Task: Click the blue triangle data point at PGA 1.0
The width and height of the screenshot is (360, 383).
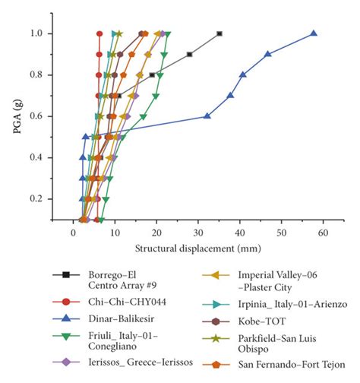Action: [314, 33]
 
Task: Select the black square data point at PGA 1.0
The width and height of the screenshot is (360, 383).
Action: [219, 33]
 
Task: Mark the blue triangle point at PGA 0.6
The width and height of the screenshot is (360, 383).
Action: [207, 116]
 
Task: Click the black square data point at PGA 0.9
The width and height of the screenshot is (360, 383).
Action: [190, 54]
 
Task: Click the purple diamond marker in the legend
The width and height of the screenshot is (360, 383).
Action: [66, 363]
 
